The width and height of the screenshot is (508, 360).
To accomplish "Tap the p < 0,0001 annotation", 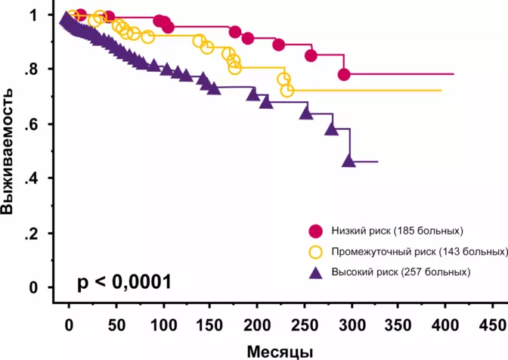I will point(124,282).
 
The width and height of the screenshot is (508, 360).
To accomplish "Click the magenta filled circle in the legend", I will point(316,230).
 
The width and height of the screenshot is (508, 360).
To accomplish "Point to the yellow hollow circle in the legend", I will point(316,251).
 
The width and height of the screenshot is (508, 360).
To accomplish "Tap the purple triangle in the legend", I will point(316,272).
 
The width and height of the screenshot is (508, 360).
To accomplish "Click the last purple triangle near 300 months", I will point(348,160).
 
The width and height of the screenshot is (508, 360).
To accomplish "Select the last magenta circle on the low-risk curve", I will point(344,74).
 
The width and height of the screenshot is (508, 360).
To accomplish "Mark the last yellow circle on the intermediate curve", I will point(287,91).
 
